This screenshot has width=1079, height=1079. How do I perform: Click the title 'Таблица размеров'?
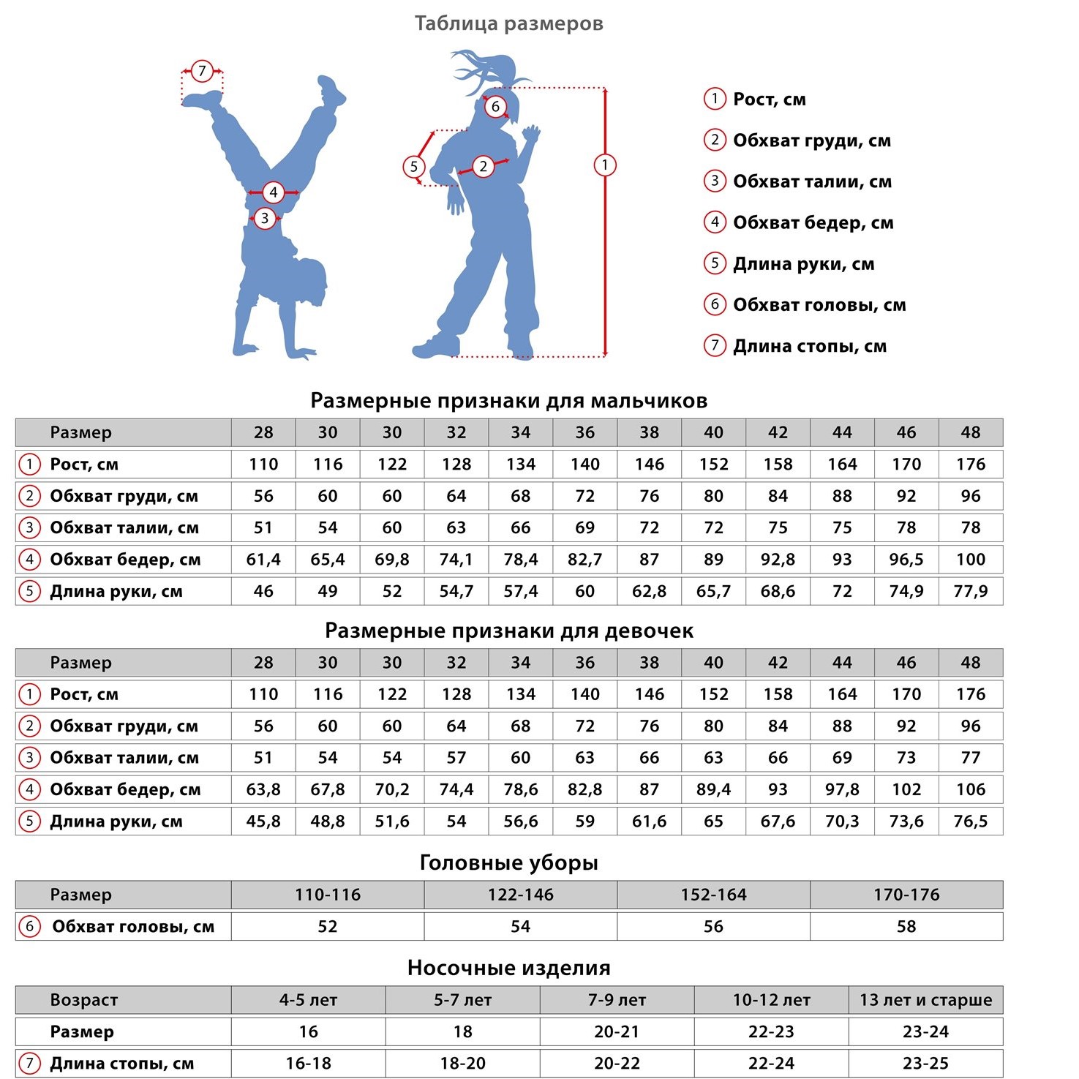tap(508, 23)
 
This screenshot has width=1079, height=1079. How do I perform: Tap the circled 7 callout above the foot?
tap(202, 72)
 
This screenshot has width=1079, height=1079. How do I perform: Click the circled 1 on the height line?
tap(604, 165)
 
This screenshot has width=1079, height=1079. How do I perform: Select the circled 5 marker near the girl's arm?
tap(414, 167)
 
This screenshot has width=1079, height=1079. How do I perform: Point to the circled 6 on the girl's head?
tap(495, 107)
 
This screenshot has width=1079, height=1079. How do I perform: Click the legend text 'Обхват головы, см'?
tap(819, 305)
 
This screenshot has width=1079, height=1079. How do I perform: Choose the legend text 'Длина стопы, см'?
tap(810, 346)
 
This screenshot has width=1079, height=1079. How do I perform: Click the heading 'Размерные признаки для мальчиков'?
tap(508, 401)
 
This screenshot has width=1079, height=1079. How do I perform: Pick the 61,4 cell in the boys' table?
tap(263, 560)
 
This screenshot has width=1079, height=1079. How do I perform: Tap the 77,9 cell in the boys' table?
tap(970, 591)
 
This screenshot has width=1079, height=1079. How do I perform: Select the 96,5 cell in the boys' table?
tap(906, 560)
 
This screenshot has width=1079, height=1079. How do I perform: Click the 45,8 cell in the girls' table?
tap(263, 822)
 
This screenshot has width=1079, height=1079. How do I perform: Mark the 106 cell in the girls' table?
tap(970, 789)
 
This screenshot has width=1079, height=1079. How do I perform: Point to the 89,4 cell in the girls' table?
tap(713, 789)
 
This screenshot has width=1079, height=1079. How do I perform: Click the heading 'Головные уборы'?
tap(508, 863)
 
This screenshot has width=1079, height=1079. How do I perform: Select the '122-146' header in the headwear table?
tap(520, 895)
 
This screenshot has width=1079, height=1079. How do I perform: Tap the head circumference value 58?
tap(906, 927)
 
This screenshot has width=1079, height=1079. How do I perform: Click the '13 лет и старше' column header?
tap(925, 1000)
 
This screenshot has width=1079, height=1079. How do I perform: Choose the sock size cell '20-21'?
tap(617, 1032)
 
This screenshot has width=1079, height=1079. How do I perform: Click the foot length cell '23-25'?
tap(925, 1064)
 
